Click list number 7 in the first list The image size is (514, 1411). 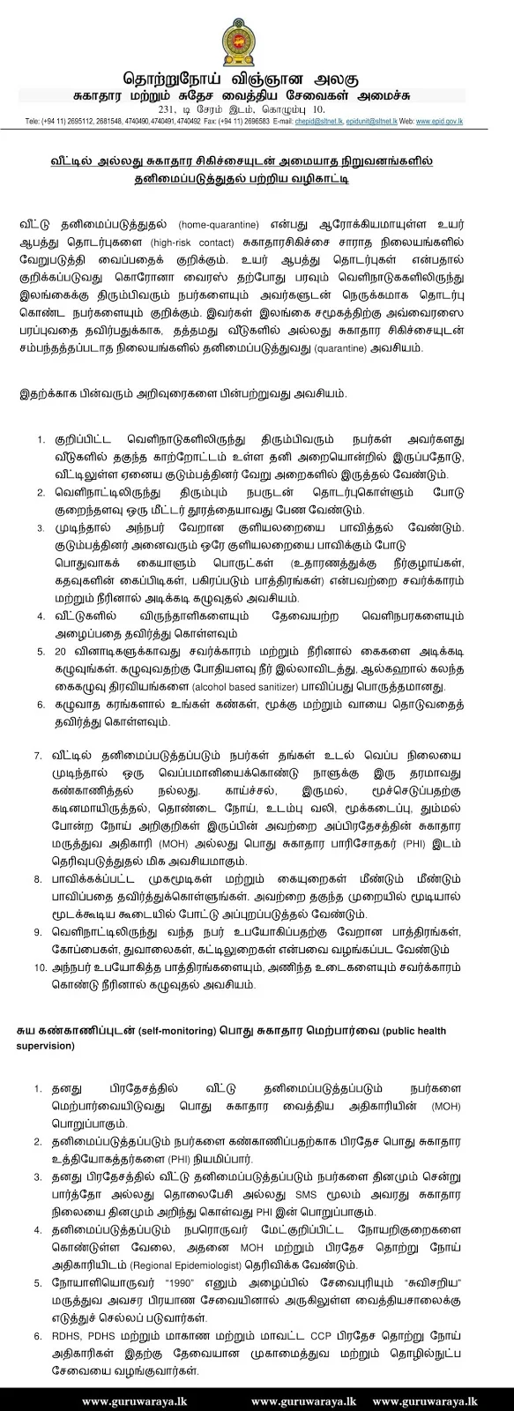[x=38, y=757]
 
